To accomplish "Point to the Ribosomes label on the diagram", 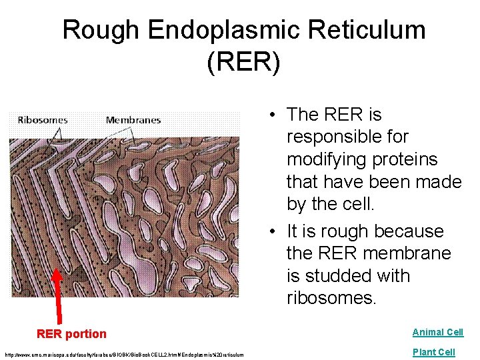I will click(x=43, y=120).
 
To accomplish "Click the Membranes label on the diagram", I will click(x=133, y=120).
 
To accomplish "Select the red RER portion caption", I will click(x=71, y=334).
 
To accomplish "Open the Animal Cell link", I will click(x=437, y=332).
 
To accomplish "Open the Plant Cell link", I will click(x=433, y=352).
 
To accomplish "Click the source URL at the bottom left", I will click(x=124, y=354).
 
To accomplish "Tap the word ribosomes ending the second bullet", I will click(x=331, y=298).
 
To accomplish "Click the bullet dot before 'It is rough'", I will click(x=274, y=232).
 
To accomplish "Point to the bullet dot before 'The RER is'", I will click(x=274, y=115).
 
